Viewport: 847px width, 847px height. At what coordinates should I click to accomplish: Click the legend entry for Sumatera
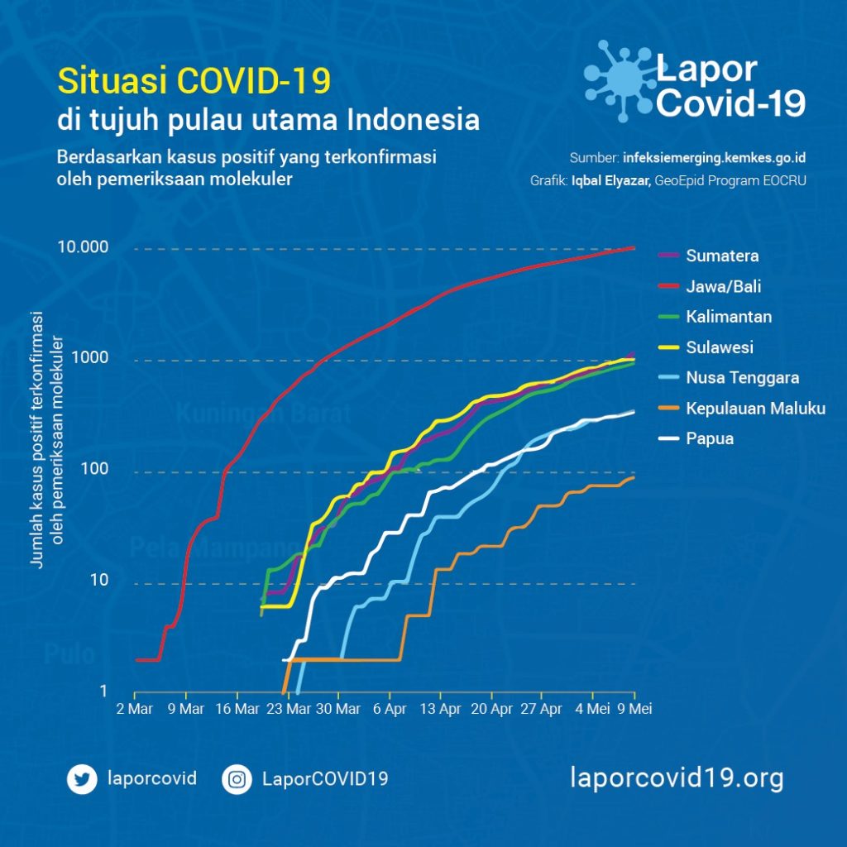pyautogui.click(x=721, y=256)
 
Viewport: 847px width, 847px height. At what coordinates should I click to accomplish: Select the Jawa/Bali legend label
pyautogui.click(x=723, y=286)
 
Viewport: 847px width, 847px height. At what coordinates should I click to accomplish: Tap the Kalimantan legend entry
pyautogui.click(x=729, y=317)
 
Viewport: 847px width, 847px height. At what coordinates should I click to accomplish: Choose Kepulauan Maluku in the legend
pyautogui.click(x=755, y=409)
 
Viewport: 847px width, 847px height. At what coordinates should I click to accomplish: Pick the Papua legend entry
pyautogui.click(x=710, y=438)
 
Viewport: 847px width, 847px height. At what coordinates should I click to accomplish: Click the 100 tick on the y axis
pyautogui.click(x=98, y=471)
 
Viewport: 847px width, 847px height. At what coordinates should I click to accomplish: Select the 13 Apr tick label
pyautogui.click(x=440, y=709)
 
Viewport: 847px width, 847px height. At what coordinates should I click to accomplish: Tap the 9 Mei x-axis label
pyautogui.click(x=634, y=709)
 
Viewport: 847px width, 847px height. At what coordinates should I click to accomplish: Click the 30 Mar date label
pyautogui.click(x=338, y=709)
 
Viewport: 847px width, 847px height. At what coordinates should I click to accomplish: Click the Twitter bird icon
pyautogui.click(x=83, y=779)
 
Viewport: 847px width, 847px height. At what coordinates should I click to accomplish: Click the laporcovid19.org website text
pyautogui.click(x=677, y=778)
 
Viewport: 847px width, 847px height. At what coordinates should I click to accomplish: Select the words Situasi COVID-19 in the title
pyautogui.click(x=194, y=81)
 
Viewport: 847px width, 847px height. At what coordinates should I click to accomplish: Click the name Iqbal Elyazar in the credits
pyautogui.click(x=610, y=179)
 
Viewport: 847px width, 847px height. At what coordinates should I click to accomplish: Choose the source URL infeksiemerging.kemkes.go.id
pyautogui.click(x=714, y=157)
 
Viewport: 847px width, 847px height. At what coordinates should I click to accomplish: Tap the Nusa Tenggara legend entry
pyautogui.click(x=742, y=378)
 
